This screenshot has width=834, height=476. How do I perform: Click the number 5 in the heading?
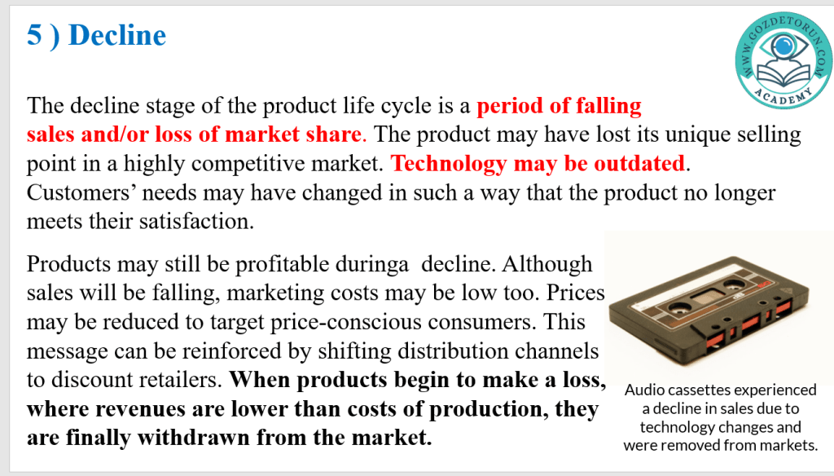pyautogui.click(x=34, y=35)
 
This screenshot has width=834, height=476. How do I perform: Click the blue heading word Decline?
pyautogui.click(x=117, y=35)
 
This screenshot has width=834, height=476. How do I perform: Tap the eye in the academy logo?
pyautogui.click(x=783, y=46)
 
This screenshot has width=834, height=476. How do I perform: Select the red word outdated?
pyautogui.click(x=639, y=164)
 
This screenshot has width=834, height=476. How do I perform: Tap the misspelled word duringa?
pyautogui.click(x=371, y=265)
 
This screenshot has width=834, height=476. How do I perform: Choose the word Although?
pyautogui.click(x=547, y=265)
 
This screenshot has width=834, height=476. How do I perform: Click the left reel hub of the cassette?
pyautogui.click(x=680, y=306)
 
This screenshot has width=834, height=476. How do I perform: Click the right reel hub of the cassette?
pyautogui.click(x=735, y=288)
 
